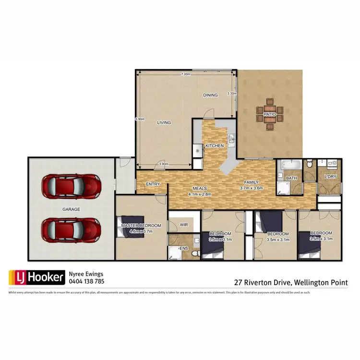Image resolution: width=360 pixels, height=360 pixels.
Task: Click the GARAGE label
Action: click(x=71, y=209)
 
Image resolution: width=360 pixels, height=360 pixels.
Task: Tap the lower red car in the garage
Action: click(x=71, y=230)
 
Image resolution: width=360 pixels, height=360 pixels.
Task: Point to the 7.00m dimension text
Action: click(x=186, y=75)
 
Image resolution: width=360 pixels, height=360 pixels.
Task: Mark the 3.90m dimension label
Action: click(x=163, y=164)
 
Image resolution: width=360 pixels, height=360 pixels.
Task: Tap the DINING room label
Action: click(x=210, y=95)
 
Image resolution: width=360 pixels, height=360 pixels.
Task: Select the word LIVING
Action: click(x=164, y=123)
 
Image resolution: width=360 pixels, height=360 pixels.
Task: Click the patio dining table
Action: click(x=269, y=114)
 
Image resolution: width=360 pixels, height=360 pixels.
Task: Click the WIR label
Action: click(x=184, y=224)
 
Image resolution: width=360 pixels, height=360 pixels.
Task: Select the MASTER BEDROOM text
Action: click(x=141, y=225)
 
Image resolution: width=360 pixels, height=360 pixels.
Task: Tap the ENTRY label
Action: click(x=153, y=184)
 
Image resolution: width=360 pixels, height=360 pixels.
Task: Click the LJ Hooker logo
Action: click(x=36, y=277)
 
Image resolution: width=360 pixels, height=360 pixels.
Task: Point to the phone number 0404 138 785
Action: click(x=86, y=282)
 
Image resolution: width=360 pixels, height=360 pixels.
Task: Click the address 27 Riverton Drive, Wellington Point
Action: click(x=290, y=283)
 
